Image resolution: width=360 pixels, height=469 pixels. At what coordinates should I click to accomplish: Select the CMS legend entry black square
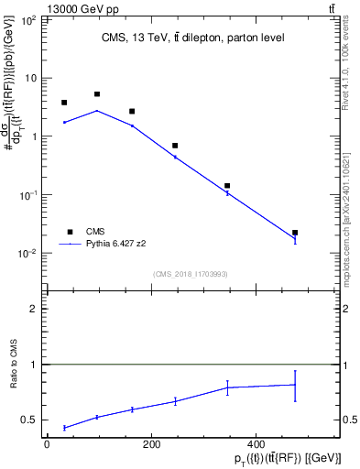65,232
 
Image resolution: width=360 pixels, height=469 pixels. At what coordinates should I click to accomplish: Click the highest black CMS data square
97,94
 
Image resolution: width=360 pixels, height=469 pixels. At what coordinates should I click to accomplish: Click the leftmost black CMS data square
64,103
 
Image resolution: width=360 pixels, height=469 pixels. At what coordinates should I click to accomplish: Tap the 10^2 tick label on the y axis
27,19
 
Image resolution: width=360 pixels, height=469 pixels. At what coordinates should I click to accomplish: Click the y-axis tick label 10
29,78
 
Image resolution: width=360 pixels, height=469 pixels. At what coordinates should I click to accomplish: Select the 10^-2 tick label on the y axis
27,254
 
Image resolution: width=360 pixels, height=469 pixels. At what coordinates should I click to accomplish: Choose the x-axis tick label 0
47,444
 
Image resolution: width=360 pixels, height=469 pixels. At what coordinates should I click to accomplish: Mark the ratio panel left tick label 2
34,310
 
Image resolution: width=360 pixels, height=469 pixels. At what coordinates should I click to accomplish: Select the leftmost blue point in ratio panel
64,428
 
